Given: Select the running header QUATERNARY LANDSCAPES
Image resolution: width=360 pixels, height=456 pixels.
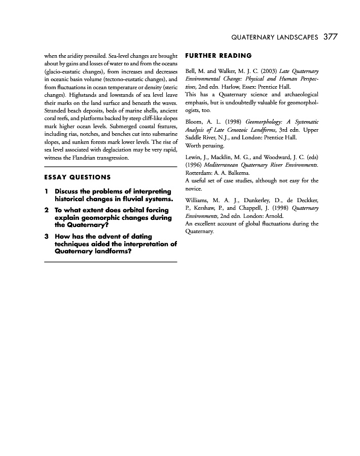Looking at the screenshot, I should pyautogui.click(x=274, y=37).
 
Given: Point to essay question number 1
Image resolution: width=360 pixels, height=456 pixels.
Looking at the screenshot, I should pyautogui.click(x=46, y=192).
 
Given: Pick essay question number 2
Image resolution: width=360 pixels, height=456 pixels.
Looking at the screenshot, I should pyautogui.click(x=46, y=210).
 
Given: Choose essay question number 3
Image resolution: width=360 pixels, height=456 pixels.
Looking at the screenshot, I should pyautogui.click(x=46, y=237).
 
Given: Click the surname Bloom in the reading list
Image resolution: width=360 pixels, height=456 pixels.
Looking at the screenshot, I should pyautogui.click(x=195, y=122).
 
